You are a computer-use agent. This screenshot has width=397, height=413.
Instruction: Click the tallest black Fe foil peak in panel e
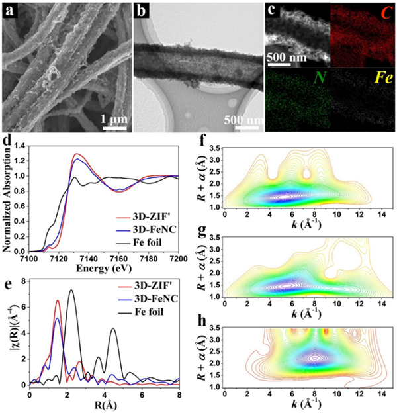71,290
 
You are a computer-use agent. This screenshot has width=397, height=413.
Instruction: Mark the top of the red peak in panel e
58,300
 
